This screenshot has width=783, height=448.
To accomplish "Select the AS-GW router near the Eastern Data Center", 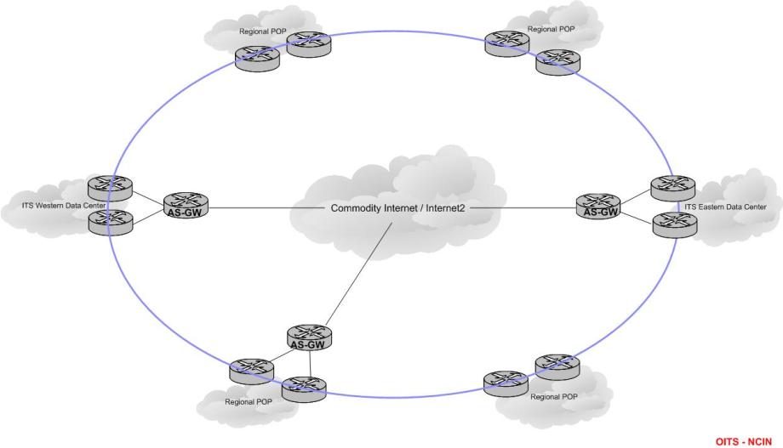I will tap(597, 206).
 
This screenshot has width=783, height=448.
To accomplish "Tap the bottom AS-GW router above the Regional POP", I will tap(309, 337).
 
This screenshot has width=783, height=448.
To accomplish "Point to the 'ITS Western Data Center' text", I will tap(65, 206).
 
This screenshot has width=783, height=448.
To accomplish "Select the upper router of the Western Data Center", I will tap(111, 187).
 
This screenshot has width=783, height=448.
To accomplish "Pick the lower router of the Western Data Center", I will tap(111, 222).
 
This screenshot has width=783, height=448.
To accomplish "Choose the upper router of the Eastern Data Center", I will tap(672, 187).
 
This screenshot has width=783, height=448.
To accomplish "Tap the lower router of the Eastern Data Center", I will tap(674, 224).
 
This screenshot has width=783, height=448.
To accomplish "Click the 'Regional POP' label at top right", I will tap(552, 29).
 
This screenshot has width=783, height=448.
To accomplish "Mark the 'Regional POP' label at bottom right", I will tap(553, 397).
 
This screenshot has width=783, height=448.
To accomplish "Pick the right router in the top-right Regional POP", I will tap(557, 61).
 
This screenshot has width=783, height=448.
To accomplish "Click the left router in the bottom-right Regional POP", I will tap(506, 383).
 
